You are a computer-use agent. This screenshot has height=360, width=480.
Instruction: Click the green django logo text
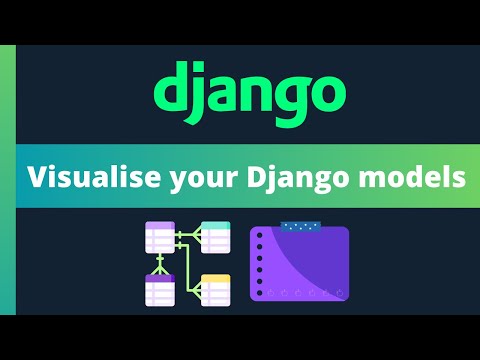click(x=248, y=91)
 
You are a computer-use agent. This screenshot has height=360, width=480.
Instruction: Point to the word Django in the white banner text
click(x=288, y=179)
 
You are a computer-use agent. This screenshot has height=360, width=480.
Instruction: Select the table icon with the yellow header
click(x=215, y=289)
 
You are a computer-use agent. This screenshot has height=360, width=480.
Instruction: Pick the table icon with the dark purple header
click(x=160, y=289)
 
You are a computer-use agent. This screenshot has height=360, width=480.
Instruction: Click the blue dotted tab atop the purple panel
click(x=301, y=227)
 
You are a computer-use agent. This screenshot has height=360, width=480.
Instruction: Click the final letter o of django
click(x=325, y=91)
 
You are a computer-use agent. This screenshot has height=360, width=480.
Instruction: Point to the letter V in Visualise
click(x=37, y=177)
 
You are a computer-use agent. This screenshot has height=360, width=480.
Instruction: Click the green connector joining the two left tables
click(x=160, y=263)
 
